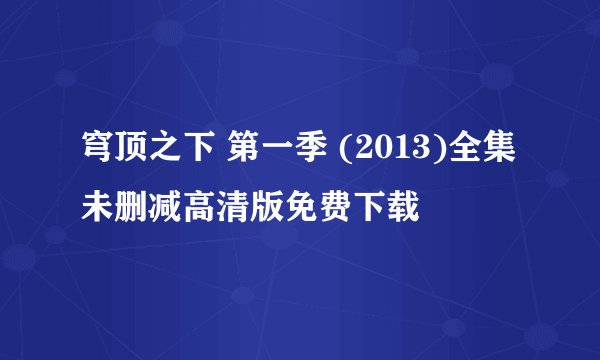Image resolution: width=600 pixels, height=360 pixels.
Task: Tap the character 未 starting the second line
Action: [x=98, y=208]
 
